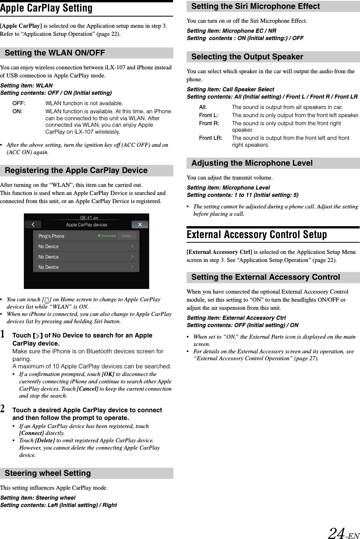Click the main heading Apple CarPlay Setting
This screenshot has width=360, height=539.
pos(46,8)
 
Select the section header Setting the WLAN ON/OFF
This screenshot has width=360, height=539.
pos(55,53)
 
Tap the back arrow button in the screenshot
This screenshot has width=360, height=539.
pos(34,225)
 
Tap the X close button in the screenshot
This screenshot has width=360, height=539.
pos(140,225)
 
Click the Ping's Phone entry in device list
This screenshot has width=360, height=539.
pos(51,236)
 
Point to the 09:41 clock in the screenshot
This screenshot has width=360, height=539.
pos(89,218)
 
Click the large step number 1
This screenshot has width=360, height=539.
pos(3,335)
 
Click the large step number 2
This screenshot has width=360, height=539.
pos(3,409)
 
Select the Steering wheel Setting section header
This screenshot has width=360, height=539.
pos(48,473)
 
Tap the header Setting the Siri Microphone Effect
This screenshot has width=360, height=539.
pos(255,6)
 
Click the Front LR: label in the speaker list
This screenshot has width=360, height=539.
pos(210,138)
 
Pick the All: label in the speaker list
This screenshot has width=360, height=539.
pos(203,107)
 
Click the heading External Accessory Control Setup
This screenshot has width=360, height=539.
pos(257,235)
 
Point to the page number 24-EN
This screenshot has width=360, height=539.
pos(343,533)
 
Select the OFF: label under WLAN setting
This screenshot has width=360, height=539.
pos(19,103)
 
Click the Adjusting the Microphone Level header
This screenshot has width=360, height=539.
pos(252,163)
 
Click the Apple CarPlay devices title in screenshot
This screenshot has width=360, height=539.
pos(87,225)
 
